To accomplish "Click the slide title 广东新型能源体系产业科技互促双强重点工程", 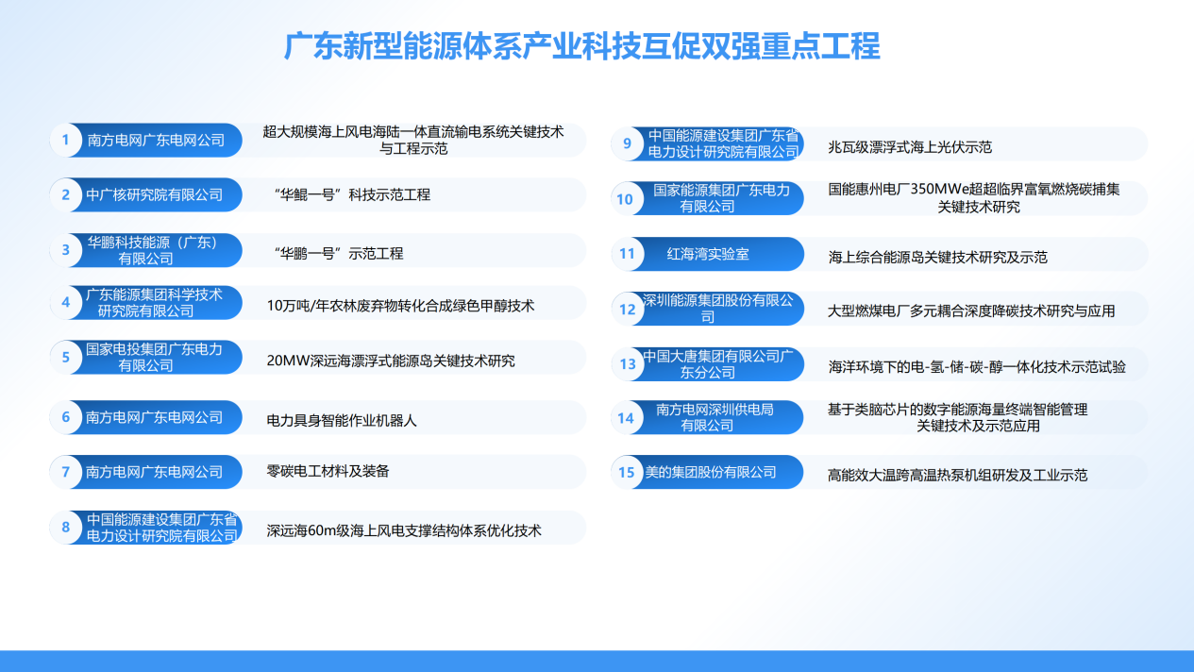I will pos(582,46).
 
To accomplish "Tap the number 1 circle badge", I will pos(66,141).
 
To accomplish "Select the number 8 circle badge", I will pos(66,528).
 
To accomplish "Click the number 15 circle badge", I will pos(627,473).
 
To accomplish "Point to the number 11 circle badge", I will pos(627,254).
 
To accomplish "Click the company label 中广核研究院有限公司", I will pos(155,195).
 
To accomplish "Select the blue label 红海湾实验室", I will pos(708,254).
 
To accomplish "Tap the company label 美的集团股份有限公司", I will pos(710,472).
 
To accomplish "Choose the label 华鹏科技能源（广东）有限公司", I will pos(153,250).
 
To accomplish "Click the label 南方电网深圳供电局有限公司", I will pos(715,417).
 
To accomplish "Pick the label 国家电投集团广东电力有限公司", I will pos(154,357).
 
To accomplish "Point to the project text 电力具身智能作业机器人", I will pos(342,420).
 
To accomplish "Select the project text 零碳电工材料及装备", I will pos(328,470).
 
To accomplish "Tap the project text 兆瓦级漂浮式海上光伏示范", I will pos(910,146).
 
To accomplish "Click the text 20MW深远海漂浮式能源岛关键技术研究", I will pos(391,361).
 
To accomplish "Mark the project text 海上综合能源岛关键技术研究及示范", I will pos(937,257).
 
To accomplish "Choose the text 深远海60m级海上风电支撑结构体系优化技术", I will pos(404,530).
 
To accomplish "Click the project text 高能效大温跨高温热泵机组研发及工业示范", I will pos(957,475).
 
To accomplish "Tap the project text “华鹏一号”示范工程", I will pos(338,253).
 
